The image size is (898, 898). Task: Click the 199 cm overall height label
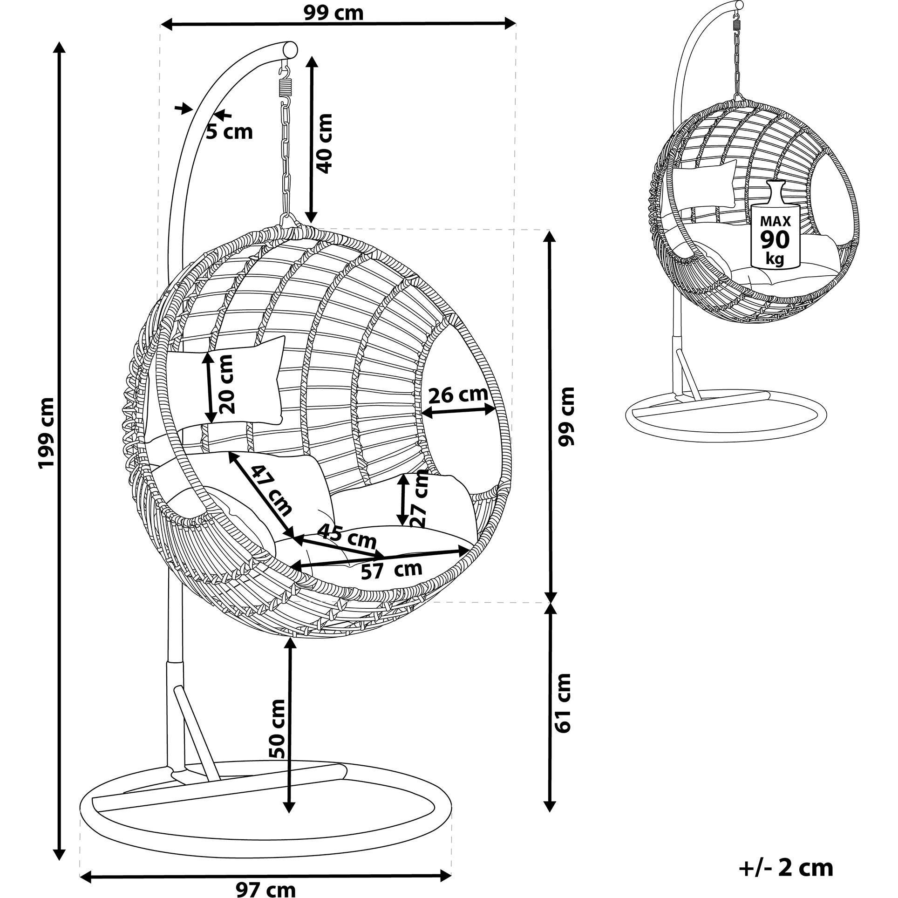[x=47, y=433]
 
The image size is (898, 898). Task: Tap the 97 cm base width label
[x=265, y=889]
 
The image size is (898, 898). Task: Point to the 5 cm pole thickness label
[x=230, y=132]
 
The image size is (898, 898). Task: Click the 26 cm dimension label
[x=458, y=395]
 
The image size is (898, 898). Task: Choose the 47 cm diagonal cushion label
[x=272, y=491]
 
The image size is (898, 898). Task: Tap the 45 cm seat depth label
[x=346, y=537]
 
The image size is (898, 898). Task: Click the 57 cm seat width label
[x=391, y=570]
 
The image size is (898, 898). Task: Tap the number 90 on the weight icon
[x=775, y=239]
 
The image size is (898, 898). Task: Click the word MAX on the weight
[x=775, y=221]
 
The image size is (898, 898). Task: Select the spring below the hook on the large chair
[x=285, y=87]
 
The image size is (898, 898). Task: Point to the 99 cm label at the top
[x=333, y=13]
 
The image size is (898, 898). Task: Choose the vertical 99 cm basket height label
[x=566, y=416]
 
